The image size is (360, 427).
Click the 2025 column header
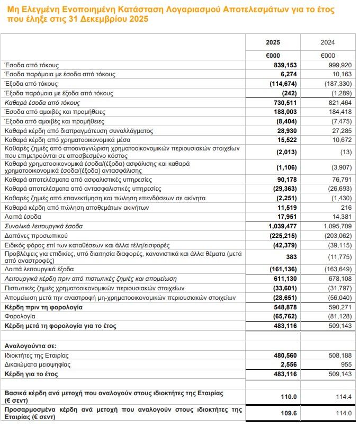click(x=273, y=42)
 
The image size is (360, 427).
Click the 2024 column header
click(x=328, y=42)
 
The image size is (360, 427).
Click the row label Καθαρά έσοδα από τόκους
click(x=42, y=103)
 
